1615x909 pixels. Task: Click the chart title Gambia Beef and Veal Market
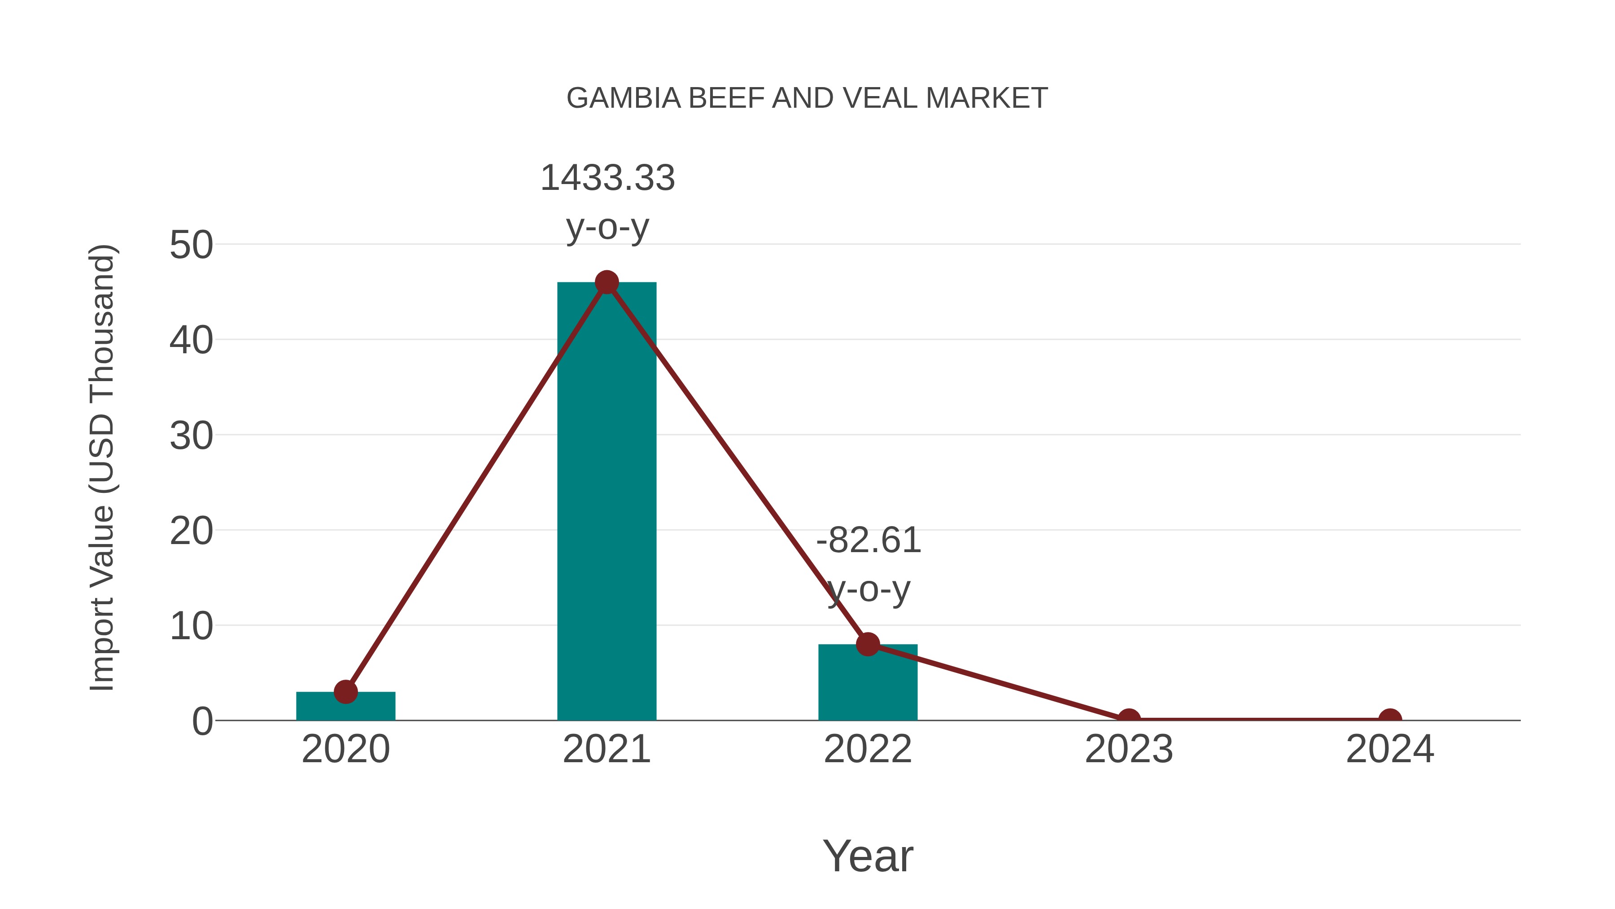[807, 98]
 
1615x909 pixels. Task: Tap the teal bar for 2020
[345, 707]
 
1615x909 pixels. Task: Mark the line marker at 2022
[868, 644]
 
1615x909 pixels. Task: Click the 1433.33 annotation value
[607, 178]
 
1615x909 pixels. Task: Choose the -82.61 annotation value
[869, 541]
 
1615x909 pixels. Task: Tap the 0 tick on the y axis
[202, 721]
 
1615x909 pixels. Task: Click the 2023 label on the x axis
[1129, 750]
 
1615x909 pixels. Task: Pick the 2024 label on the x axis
[1390, 750]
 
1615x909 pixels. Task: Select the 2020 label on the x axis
[345, 750]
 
